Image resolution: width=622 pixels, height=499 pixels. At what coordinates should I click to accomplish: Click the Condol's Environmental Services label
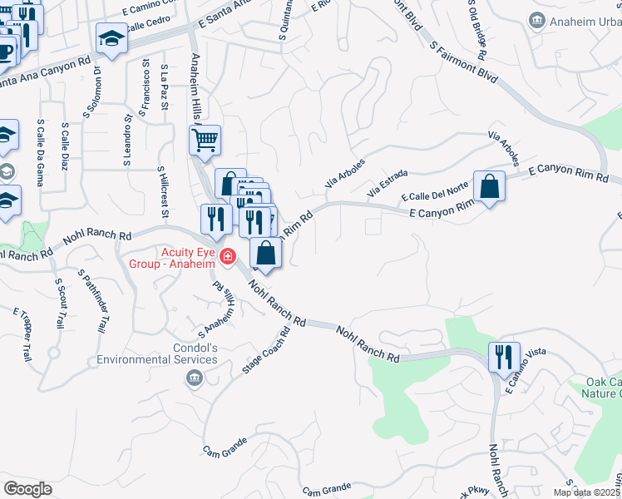coord(157,353)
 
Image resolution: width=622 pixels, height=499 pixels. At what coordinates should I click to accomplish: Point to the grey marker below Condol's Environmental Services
coord(194,378)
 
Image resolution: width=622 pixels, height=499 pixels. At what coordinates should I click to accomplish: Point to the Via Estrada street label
coord(393,180)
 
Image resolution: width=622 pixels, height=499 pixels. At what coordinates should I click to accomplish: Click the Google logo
coord(28,489)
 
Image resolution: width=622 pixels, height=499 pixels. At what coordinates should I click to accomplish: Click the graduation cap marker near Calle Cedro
coord(111,37)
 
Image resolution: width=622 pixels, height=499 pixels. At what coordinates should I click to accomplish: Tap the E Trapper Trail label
coord(22,333)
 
